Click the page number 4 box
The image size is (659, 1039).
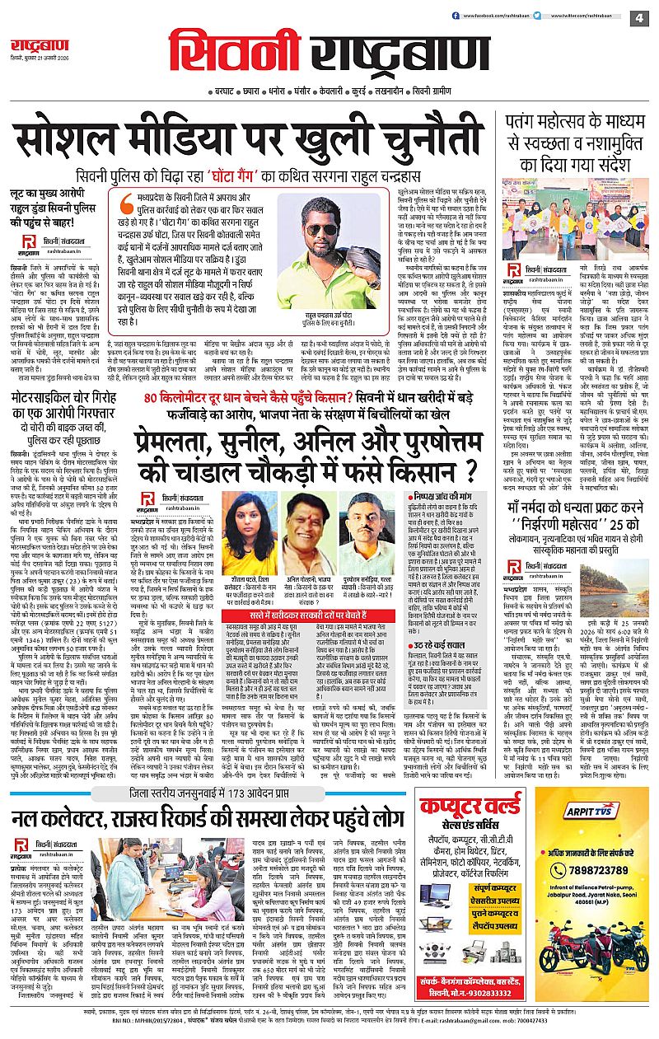point(638,17)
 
